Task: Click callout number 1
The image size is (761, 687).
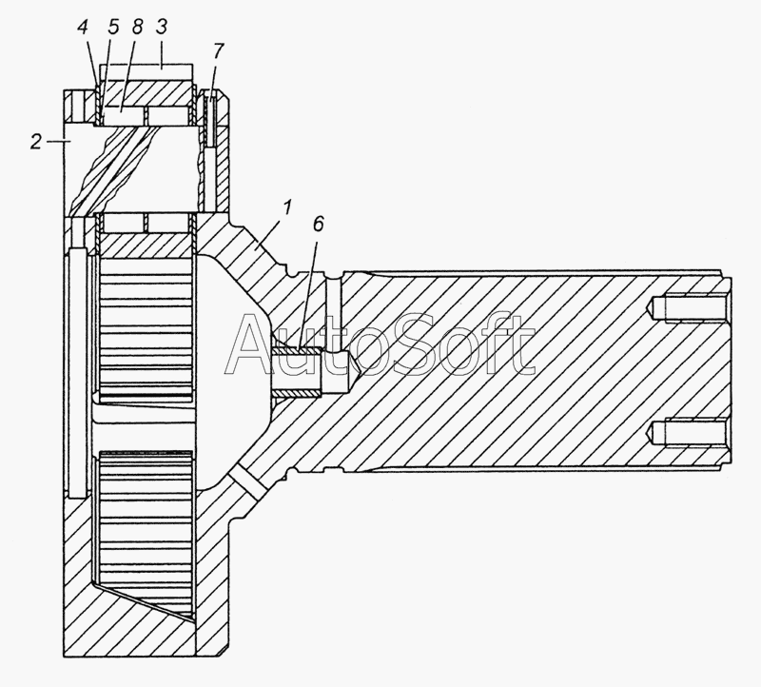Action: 287,207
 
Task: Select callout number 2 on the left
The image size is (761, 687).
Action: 36,142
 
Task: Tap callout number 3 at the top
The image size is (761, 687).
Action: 161,27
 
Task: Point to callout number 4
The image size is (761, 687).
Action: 83,28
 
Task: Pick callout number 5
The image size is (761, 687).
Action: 113,28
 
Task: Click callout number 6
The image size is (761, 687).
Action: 318,225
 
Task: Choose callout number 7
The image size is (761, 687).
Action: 219,50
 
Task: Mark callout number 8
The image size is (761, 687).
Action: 137,27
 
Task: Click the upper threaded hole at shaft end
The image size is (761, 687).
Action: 688,308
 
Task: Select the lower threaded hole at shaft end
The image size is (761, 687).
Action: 688,432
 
